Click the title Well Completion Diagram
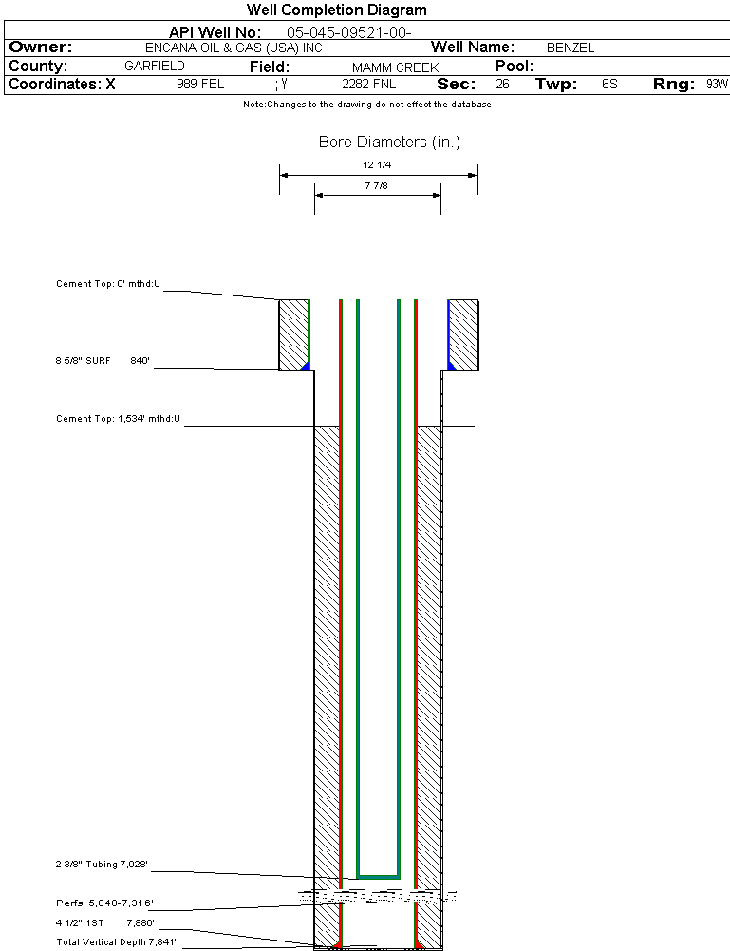(336, 10)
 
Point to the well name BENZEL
(571, 48)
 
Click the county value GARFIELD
(155, 67)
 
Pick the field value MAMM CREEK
(395, 67)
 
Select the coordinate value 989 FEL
(200, 85)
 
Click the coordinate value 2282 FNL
(361, 85)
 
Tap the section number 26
(502, 85)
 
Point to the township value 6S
(609, 85)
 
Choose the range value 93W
(716, 85)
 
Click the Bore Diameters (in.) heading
(389, 143)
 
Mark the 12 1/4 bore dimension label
(378, 165)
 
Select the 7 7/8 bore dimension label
(377, 186)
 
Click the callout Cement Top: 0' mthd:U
(109, 284)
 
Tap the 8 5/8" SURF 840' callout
(103, 361)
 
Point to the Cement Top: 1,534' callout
(118, 418)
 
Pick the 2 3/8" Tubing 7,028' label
(102, 865)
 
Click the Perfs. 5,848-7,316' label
(104, 903)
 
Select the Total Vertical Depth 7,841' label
(116, 941)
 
